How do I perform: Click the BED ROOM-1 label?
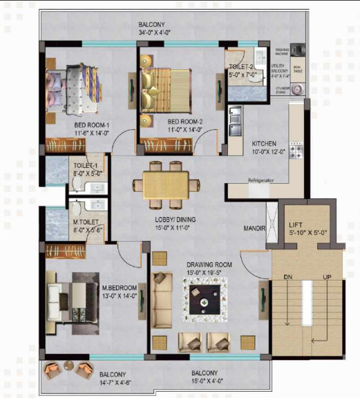(x=92, y=125)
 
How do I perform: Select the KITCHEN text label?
(x=264, y=143)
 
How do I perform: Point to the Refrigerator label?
(x=261, y=180)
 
